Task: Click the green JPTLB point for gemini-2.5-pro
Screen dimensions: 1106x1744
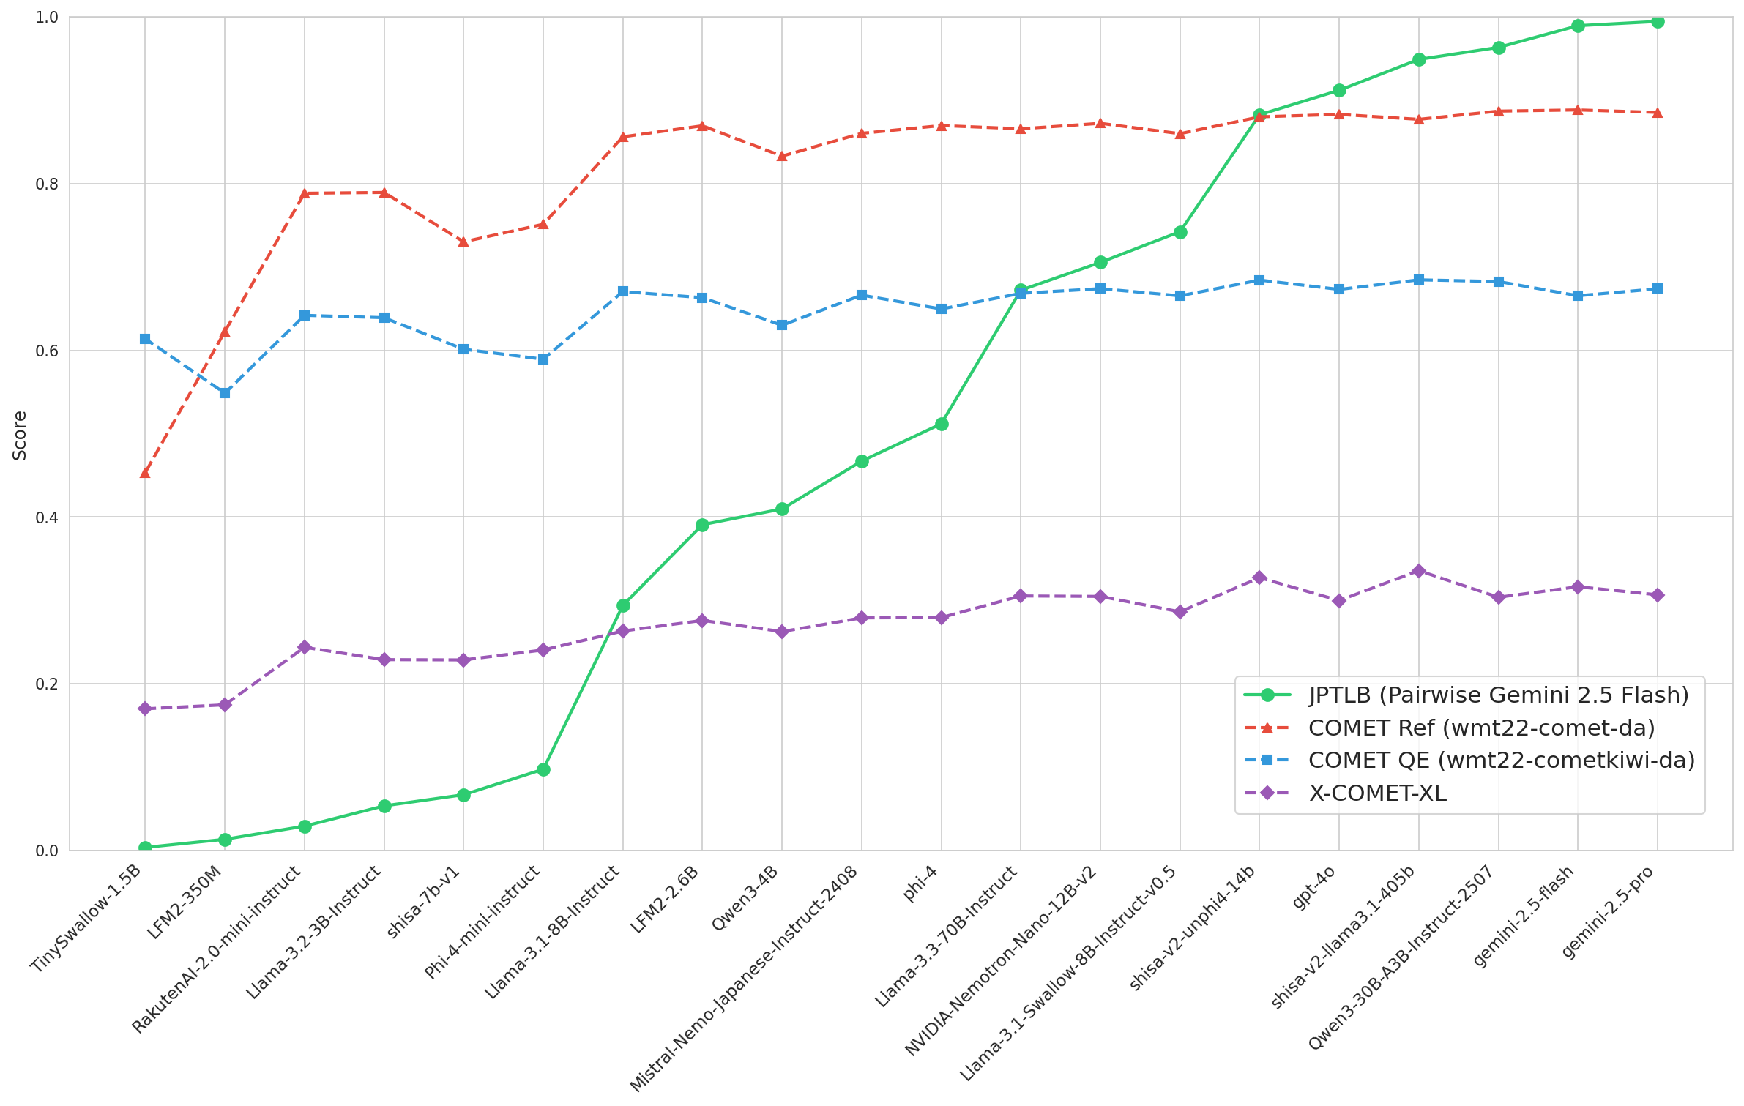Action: click(x=1658, y=21)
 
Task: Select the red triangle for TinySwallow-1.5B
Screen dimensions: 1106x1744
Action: click(x=145, y=473)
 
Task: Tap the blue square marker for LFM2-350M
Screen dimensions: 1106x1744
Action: click(x=225, y=393)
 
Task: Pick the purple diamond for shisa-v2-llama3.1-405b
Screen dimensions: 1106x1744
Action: click(x=1419, y=571)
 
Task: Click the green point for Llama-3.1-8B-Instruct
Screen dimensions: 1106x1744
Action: click(x=623, y=605)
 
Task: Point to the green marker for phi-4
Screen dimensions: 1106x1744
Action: click(x=942, y=424)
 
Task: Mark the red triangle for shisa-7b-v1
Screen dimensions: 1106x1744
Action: click(x=463, y=242)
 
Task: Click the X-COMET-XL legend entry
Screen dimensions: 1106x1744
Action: click(x=1376, y=793)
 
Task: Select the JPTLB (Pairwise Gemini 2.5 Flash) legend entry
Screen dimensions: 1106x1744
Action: click(x=1498, y=695)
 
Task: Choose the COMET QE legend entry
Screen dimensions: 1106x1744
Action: click(x=1501, y=761)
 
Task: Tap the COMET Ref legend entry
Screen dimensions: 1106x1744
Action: click(x=1481, y=728)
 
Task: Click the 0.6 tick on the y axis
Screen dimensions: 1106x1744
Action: click(x=47, y=351)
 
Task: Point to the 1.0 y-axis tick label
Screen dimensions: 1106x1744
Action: click(x=47, y=17)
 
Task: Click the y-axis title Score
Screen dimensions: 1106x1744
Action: click(x=20, y=435)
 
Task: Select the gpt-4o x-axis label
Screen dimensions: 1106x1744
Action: click(x=1314, y=886)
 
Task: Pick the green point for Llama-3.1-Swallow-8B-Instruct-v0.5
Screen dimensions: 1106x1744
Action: click(x=1180, y=232)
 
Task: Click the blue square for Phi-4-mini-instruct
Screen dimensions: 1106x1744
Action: click(x=543, y=359)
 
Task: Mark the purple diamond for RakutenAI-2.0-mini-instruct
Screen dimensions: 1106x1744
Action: click(x=305, y=647)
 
